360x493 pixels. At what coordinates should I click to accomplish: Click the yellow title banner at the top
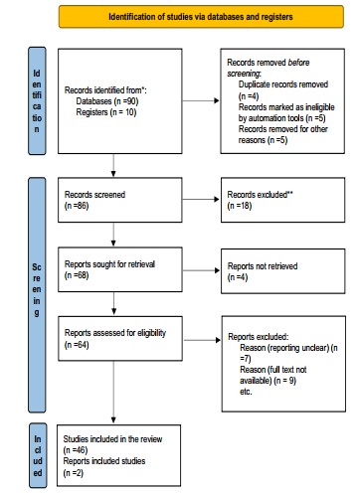coord(201,16)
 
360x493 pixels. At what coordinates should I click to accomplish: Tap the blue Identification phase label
coord(37,100)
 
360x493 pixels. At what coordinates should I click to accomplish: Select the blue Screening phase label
coord(37,295)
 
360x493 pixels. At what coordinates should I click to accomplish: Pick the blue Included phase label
coord(38,455)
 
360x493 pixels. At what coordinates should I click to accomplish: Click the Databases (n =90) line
coord(107,101)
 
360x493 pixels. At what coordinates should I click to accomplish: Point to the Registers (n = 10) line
coord(106,112)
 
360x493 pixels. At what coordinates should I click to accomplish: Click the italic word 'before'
coord(298,63)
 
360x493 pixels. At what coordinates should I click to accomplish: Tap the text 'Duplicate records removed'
coord(283,84)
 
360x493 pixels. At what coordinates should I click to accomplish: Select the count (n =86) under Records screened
coord(77,206)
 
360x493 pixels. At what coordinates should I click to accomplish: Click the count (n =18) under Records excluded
coord(240,206)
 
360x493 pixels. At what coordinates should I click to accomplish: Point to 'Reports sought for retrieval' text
coord(109,264)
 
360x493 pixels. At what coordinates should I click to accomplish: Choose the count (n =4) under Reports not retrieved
coord(238,277)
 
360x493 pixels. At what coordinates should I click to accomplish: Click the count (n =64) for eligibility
coord(77,345)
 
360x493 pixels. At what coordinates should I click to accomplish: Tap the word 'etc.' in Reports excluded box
coord(246,392)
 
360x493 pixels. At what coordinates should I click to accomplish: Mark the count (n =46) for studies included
coord(76,450)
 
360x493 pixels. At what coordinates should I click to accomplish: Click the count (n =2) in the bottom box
coord(73,472)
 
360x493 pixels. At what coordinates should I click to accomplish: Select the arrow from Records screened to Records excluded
coord(201,199)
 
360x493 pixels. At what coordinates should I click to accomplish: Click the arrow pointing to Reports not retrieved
coord(201,270)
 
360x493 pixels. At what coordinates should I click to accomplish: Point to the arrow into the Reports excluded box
coord(202,340)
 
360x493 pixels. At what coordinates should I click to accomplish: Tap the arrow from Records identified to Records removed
coord(201,100)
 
